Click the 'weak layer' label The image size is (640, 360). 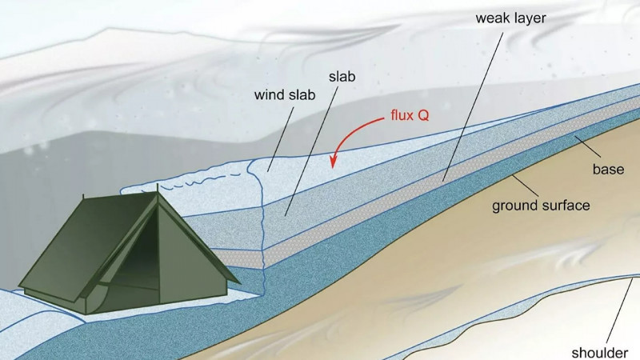pyautogui.click(x=510, y=18)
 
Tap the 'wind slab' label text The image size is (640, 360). pyautogui.click(x=285, y=94)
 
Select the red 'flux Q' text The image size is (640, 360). pyautogui.click(x=410, y=115)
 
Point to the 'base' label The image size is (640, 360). pyautogui.click(x=608, y=169)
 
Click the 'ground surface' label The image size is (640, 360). pyautogui.click(x=541, y=206)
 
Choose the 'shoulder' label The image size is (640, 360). pyautogui.click(x=599, y=352)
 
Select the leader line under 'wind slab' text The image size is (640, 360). pyautogui.click(x=281, y=138)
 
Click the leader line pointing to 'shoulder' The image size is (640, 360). pyautogui.click(x=620, y=310)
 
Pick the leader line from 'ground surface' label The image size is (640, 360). pyautogui.click(x=526, y=185)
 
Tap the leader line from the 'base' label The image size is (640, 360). pyautogui.click(x=587, y=147)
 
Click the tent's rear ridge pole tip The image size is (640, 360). pyautogui.click(x=83, y=197)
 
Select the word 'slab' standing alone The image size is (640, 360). pyautogui.click(x=342, y=76)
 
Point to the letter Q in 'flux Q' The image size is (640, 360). pyautogui.click(x=424, y=115)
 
